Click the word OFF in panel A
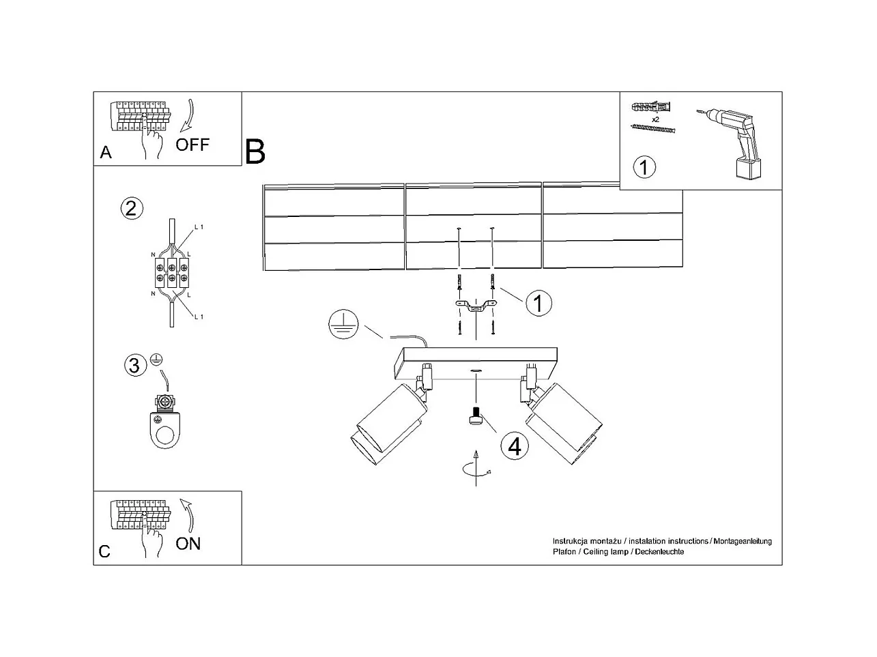192,145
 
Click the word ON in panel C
188,544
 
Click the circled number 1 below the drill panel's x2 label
644,166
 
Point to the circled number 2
132,207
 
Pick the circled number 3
134,366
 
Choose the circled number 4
515,446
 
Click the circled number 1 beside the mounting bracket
538,303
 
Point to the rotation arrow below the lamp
476,469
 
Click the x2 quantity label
655,119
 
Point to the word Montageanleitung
742,541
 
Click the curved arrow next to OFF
187,116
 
